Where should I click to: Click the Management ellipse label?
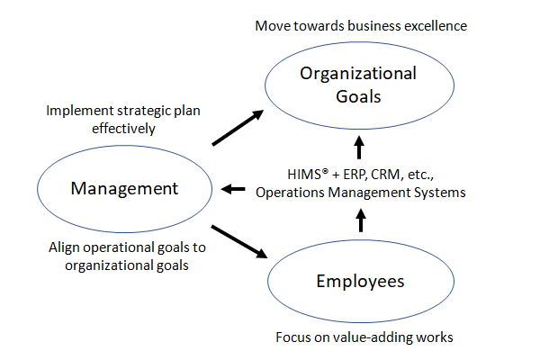click(124, 188)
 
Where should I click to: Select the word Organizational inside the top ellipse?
click(358, 74)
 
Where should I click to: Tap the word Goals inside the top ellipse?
click(358, 96)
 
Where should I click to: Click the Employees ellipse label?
click(360, 282)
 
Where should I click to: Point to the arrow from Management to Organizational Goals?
click(238, 128)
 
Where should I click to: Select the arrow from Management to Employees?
click(239, 241)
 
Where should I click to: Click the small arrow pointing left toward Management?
click(233, 189)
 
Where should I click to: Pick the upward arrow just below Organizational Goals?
click(359, 147)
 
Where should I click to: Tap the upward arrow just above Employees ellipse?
click(361, 220)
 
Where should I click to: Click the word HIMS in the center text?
click(304, 175)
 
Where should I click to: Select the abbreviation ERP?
click(355, 175)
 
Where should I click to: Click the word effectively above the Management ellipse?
click(123, 129)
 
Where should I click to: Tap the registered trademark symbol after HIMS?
click(326, 170)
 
